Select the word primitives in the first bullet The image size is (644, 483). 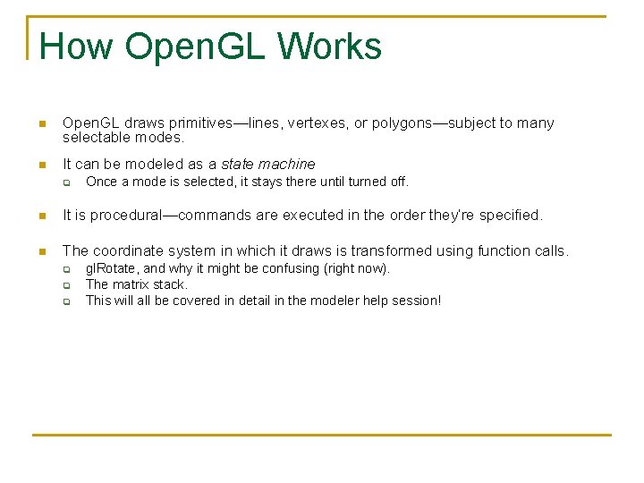click(179, 123)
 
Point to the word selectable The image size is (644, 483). click(94, 139)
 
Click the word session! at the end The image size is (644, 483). click(416, 301)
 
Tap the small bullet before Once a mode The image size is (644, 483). click(66, 182)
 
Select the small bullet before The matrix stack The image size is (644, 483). click(66, 285)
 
